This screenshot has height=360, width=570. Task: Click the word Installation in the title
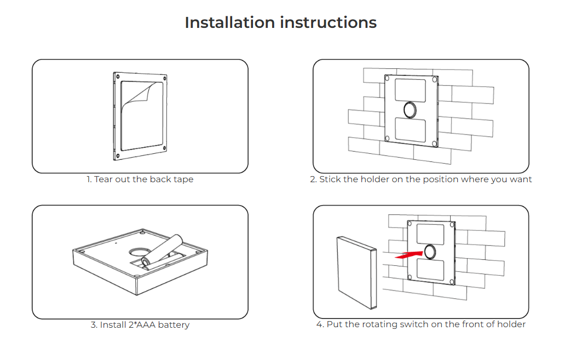[230, 22]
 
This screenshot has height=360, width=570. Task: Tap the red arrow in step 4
[408, 254]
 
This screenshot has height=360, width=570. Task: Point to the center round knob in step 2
[410, 110]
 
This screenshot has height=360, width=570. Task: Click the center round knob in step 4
[430, 252]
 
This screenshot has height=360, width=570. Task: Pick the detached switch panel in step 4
[356, 272]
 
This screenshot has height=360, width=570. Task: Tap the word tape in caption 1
[183, 180]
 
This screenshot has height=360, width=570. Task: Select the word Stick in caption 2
[330, 179]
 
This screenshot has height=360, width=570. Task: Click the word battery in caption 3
[174, 325]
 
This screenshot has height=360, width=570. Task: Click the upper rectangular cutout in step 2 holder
[410, 90]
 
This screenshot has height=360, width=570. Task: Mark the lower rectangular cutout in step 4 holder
[430, 270]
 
